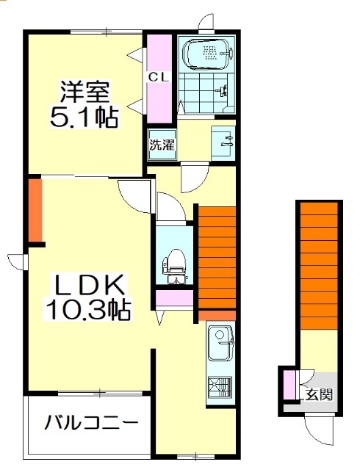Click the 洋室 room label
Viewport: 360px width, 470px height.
point(85,93)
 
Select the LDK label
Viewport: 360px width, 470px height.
point(89,283)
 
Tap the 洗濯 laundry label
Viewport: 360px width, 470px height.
point(162,145)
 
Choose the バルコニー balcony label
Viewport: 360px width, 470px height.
point(90,424)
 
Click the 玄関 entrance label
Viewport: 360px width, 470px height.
point(319,394)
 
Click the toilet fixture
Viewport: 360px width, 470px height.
point(175,264)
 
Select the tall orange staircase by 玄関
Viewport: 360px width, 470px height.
point(318,264)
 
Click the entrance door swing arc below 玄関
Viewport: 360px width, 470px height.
point(319,430)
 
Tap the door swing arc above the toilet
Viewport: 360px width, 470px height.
point(168,208)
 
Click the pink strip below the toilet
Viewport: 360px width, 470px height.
point(175,298)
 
